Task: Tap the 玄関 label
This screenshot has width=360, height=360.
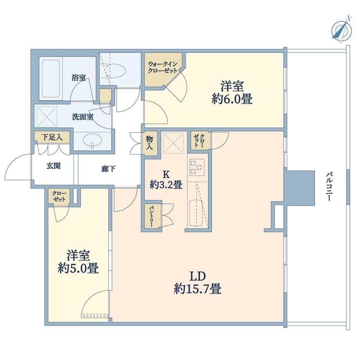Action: pyautogui.click(x=54, y=166)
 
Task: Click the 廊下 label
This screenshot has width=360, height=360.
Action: pyautogui.click(x=108, y=169)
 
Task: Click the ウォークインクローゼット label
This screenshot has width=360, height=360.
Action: pyautogui.click(x=163, y=67)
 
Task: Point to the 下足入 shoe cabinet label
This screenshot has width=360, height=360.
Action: pyautogui.click(x=52, y=137)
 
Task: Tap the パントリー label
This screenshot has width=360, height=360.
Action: pyautogui.click(x=151, y=216)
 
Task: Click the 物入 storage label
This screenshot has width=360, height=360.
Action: pyautogui.click(x=149, y=142)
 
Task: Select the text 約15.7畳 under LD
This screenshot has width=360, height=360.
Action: pyautogui.click(x=198, y=289)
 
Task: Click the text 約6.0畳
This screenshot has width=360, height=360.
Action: pyautogui.click(x=232, y=99)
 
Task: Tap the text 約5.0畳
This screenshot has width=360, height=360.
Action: pyautogui.click(x=78, y=268)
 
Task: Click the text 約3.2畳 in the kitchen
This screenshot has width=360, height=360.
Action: pyautogui.click(x=166, y=184)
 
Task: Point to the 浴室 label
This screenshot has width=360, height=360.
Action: pyautogui.click(x=79, y=77)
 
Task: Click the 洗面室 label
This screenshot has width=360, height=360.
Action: pyautogui.click(x=83, y=117)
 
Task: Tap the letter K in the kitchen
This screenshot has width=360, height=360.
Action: pyautogui.click(x=166, y=175)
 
